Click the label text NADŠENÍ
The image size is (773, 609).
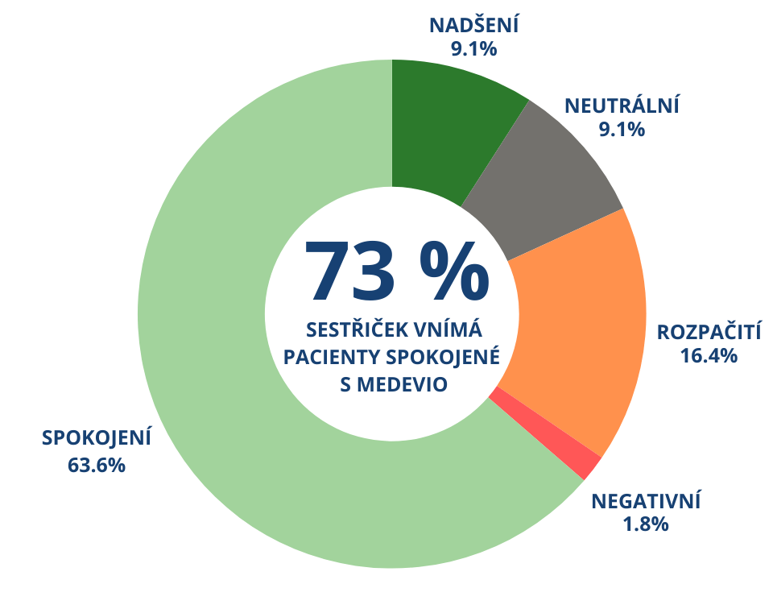pos(474,25)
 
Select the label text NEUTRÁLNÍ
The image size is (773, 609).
pos(622,106)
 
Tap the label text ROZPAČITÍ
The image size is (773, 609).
pos(709,332)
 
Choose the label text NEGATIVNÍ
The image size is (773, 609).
pos(647,501)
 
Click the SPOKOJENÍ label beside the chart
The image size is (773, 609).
pos(97,438)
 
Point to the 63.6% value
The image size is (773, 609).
pos(97,465)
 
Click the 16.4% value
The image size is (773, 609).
pos(709,355)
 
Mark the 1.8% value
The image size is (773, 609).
pos(646,524)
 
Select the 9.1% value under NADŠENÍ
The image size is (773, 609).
pos(474,48)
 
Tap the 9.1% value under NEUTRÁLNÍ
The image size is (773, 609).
pos(622,129)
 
